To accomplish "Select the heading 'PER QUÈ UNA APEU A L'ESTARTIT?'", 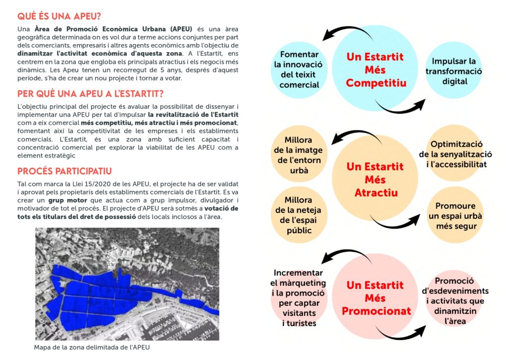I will coord(90,94).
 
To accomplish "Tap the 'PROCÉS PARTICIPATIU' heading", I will coord(64,171).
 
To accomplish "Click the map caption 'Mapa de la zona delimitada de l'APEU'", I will coord(91,347).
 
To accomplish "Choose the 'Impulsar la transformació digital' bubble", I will coord(453,71).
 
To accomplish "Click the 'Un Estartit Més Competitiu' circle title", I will coord(376,70).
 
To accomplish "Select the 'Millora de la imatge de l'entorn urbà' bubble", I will coord(298,155).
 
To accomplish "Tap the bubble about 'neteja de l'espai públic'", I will coord(298,215).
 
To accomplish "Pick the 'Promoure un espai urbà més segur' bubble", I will coord(455,216).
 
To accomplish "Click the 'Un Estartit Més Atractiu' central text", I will coord(376,179).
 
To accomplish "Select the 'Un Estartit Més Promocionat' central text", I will coord(376,298).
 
